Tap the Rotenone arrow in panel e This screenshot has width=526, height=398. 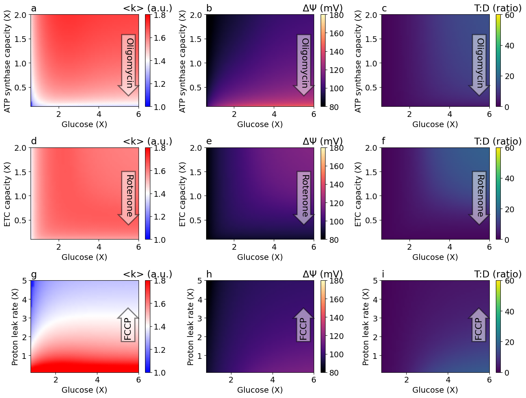coord(304,197)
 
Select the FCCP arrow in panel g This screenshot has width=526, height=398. coord(129,325)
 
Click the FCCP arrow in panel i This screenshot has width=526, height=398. coord(479,325)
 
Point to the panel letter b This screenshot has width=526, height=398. coord(209,9)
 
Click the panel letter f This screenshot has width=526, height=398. coord(383,141)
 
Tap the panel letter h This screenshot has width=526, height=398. coord(209,274)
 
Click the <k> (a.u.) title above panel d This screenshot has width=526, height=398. coord(147,141)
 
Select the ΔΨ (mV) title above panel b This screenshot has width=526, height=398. coord(322,9)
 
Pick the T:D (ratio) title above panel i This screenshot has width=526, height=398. coord(498,274)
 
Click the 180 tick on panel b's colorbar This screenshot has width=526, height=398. coord(336,15)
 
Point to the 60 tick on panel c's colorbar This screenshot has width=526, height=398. coord(509,15)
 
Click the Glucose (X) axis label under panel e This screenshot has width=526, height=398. coord(260,257)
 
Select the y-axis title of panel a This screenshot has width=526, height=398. coord(7,61)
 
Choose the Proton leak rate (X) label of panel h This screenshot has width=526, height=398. coord(190,327)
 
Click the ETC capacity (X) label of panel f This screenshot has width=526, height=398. coord(358,194)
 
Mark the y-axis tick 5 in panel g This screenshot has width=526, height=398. coord(24,281)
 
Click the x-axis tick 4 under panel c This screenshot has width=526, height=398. coord(450,114)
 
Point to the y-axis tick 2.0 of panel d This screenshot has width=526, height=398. coord(21,148)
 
